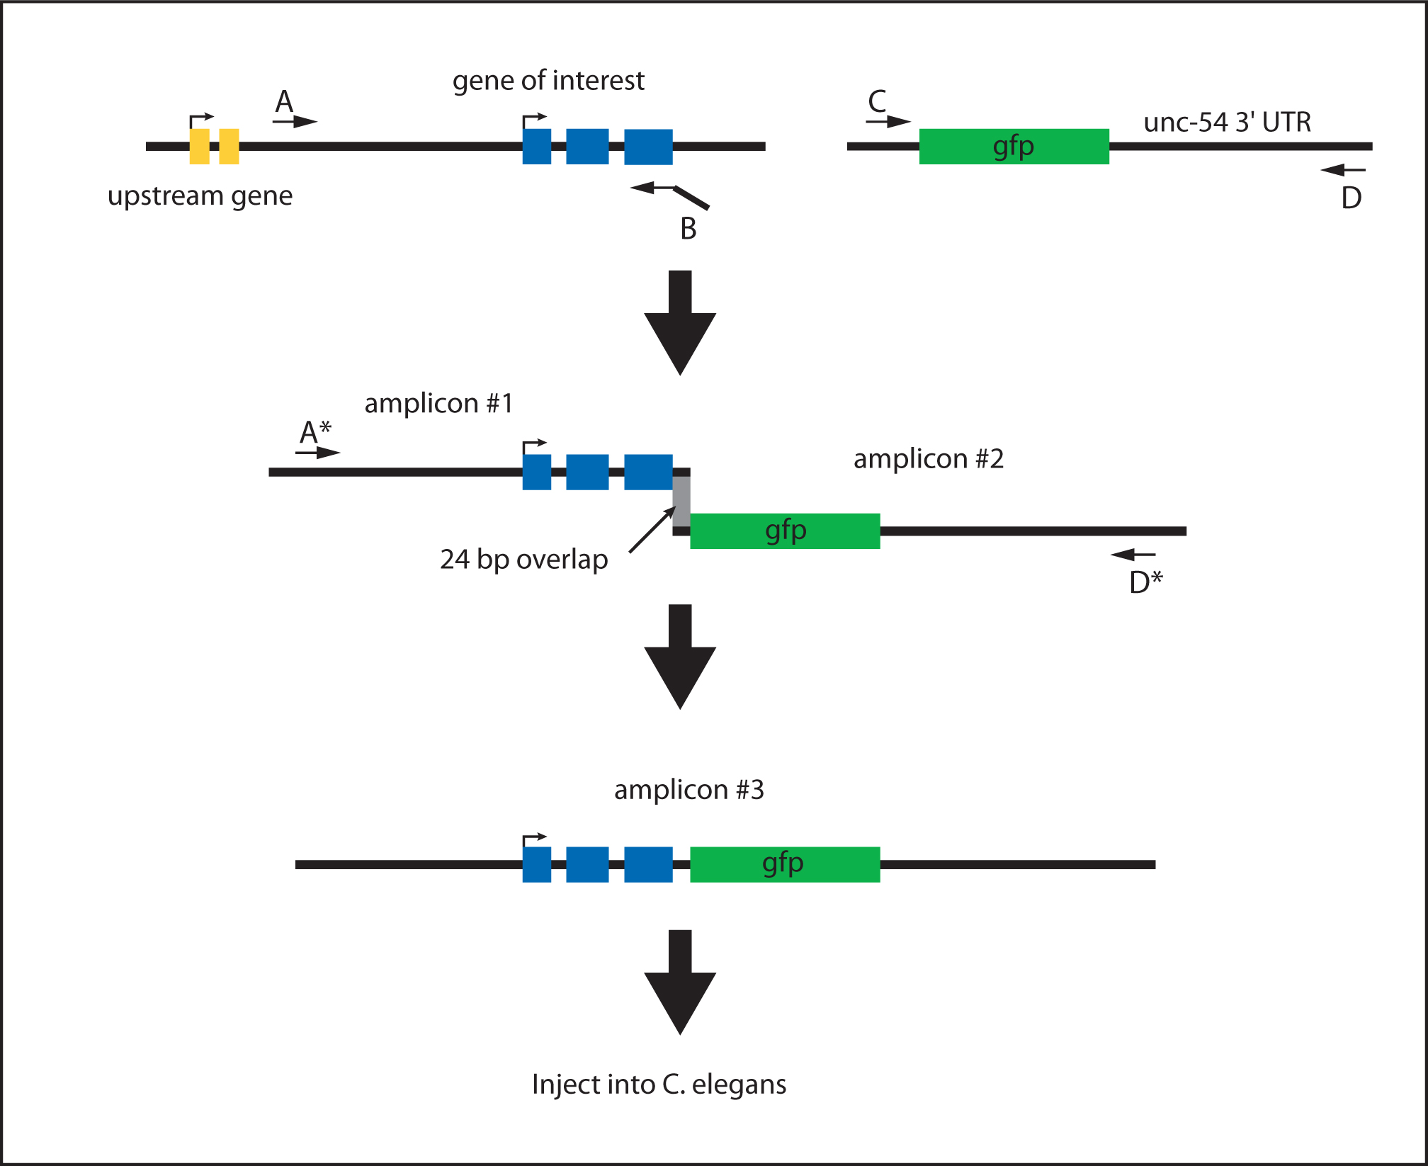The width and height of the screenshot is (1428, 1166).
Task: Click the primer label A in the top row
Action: (x=284, y=101)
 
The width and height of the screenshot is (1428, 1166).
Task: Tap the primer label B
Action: (x=688, y=228)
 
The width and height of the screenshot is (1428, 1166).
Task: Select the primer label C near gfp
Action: (x=877, y=101)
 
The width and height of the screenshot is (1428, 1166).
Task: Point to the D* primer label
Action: (x=1146, y=581)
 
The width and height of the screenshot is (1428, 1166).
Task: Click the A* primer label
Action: (x=315, y=431)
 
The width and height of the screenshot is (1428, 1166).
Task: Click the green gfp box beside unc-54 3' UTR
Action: (x=1014, y=147)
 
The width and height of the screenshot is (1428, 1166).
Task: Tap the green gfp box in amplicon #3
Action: (x=785, y=864)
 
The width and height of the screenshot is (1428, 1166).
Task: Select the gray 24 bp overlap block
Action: (x=681, y=501)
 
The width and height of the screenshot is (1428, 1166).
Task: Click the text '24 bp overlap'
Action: (x=523, y=559)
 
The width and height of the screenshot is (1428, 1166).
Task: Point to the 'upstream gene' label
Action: (x=200, y=196)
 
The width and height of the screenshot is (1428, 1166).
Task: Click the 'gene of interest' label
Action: (x=548, y=81)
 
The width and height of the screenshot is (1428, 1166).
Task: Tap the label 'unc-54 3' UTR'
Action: (x=1227, y=122)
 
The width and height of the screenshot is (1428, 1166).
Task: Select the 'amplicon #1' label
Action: (x=438, y=403)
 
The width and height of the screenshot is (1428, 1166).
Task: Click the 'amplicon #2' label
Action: (x=928, y=459)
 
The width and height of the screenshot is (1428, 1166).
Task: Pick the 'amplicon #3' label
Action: (x=688, y=789)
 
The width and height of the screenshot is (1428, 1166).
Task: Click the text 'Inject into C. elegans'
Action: (x=659, y=1084)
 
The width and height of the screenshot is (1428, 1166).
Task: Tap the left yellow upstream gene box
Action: (x=200, y=147)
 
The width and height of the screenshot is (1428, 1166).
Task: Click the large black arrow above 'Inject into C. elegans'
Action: (x=680, y=982)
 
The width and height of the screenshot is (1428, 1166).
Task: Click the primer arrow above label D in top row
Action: (x=1343, y=170)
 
